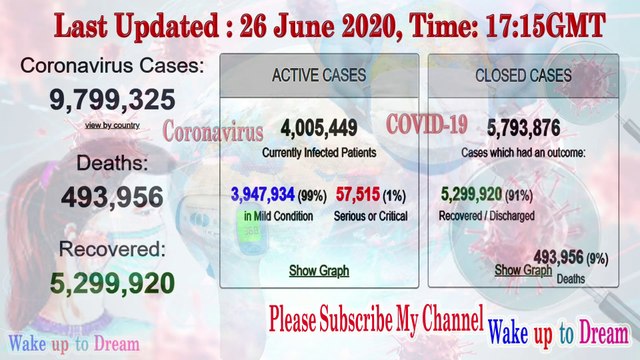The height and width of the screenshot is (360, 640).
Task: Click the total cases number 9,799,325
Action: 112,100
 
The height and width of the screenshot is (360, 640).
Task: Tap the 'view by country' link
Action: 112,125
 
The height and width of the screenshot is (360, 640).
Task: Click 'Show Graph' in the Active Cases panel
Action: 314,270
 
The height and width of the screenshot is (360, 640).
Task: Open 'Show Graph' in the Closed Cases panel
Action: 523,270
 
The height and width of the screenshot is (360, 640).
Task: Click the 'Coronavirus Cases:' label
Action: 111,67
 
